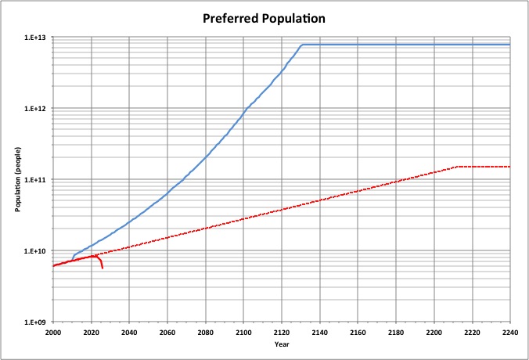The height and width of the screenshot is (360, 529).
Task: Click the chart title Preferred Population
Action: [x=264, y=16]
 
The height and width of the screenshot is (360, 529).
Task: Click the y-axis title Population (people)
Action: [x=17, y=179]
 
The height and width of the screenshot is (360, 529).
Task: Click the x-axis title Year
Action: [x=281, y=344]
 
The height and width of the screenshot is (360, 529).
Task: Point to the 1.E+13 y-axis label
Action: [x=36, y=38]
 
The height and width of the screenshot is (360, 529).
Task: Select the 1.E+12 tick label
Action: [x=36, y=109]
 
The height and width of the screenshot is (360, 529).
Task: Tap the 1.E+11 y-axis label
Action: [x=36, y=180]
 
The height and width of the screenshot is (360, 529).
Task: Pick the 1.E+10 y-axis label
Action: [x=36, y=251]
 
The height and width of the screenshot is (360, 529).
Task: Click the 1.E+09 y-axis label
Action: [x=36, y=322]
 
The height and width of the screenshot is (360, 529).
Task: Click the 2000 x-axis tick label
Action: [x=53, y=332]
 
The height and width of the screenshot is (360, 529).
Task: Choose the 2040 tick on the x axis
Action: [x=129, y=332]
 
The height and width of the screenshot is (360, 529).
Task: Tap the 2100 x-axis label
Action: [x=243, y=332]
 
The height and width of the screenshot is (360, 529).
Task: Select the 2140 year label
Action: [x=319, y=332]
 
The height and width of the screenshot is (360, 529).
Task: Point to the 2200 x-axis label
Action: [x=434, y=332]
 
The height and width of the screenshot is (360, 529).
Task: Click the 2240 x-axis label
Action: [x=509, y=332]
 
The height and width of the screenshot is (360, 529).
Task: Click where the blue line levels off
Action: [x=302, y=45]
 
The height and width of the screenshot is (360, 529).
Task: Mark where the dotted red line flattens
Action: [x=457, y=167]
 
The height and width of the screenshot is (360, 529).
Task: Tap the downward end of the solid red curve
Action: [x=102, y=268]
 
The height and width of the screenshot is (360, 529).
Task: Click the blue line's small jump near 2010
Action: [x=73, y=256]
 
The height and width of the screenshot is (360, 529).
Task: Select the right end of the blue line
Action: [x=509, y=45]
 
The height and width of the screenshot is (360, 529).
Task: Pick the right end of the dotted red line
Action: [x=509, y=167]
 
